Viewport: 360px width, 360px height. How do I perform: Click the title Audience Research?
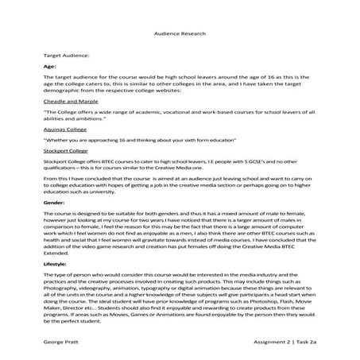(180, 34)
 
